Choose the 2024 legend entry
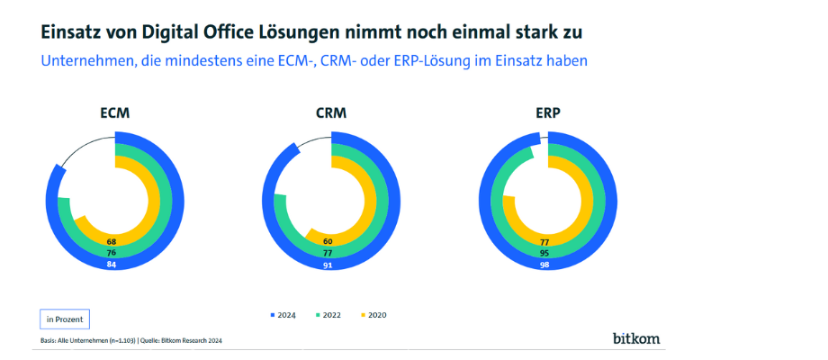pyautogui.click(x=283, y=315)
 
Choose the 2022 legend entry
pyautogui.click(x=330, y=315)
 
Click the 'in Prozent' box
pyautogui.click(x=65, y=319)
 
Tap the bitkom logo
pyautogui.click(x=635, y=338)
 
